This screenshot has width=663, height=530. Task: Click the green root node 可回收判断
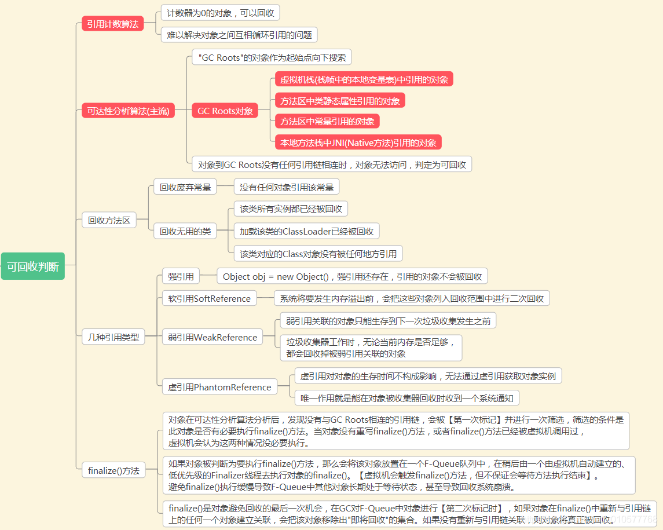pyautogui.click(x=33, y=267)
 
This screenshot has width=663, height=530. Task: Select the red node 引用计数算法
pyautogui.click(x=112, y=24)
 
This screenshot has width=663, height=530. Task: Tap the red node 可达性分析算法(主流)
pyautogui.click(x=128, y=111)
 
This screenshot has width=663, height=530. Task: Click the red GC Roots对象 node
pyautogui.click(x=225, y=111)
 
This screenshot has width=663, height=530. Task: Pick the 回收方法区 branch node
pyautogui.click(x=109, y=220)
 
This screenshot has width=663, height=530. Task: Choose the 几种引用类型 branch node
pyautogui.click(x=113, y=337)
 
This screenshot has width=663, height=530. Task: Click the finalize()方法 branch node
pyautogui.click(x=113, y=470)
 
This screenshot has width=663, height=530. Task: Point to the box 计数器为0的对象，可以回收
pyautogui.click(x=221, y=13)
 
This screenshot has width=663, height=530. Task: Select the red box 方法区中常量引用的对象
pyautogui.click(x=327, y=121)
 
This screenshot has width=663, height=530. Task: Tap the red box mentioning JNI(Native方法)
pyautogui.click(x=358, y=142)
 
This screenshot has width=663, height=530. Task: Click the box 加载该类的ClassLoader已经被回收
pyautogui.click(x=307, y=231)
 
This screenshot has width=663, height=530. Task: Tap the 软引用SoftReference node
pyautogui.click(x=210, y=298)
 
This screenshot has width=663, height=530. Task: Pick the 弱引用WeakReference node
pyautogui.click(x=213, y=337)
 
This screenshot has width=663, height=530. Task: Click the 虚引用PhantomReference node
pyautogui.click(x=219, y=387)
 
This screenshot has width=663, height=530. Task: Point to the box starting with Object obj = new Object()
pyautogui.click(x=352, y=276)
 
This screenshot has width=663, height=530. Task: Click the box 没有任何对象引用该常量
pyautogui.click(x=286, y=187)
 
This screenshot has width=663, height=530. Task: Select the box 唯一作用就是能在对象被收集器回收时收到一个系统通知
pyautogui.click(x=407, y=398)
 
